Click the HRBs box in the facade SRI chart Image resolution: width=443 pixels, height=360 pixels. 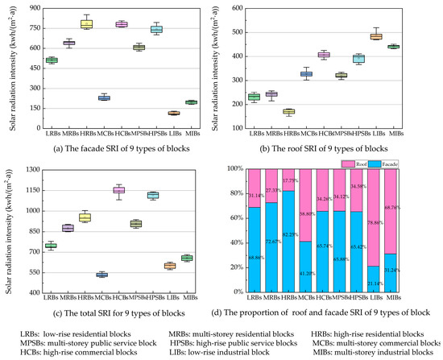tap(85, 24)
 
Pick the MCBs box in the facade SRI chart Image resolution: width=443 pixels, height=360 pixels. tap(104, 97)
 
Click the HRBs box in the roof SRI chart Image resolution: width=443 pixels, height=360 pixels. tap(288, 111)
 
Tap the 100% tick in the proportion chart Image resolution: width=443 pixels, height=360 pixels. tap(234, 169)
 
